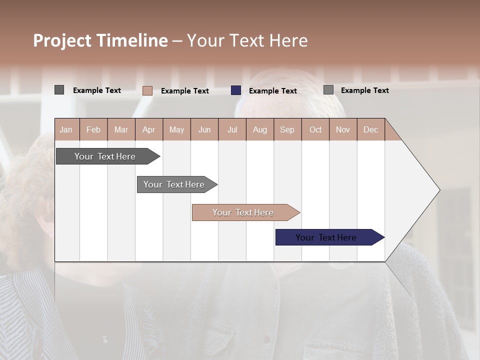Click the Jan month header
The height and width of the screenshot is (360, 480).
pos(66,129)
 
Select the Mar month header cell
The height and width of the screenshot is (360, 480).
pos(121,129)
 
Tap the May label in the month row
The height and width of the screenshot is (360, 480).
pos(176,129)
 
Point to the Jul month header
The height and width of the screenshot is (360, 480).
pos(232,129)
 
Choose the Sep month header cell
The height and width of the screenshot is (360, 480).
pos(287,129)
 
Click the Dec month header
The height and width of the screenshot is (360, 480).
pos(370,129)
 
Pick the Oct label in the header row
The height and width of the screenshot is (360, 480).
pos(315,129)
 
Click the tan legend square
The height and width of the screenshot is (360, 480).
pos(147,90)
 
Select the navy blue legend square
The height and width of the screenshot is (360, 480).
pos(236,90)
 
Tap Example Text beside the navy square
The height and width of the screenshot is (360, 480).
pos(272,90)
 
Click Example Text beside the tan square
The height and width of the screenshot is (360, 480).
pos(184,90)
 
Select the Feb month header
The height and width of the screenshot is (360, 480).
pos(93,129)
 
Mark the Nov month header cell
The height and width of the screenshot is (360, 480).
pos(342,129)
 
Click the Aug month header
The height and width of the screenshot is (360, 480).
pos(259,129)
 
